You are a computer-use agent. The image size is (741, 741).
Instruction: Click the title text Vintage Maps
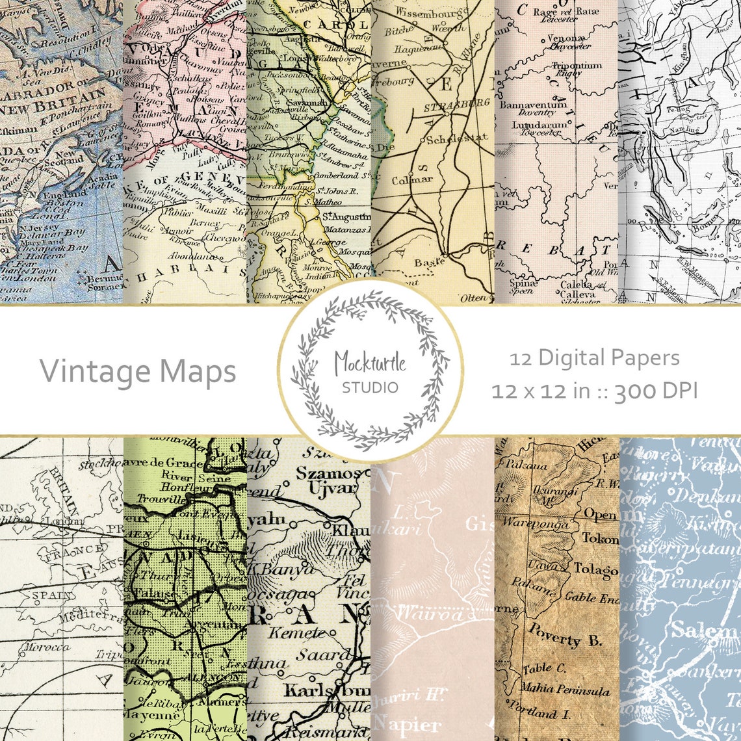click(138, 371)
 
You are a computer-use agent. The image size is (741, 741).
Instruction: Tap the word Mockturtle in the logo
click(370, 361)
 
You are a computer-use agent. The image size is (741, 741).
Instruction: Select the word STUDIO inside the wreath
click(370, 388)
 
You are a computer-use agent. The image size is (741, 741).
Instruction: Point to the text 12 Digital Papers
click(594, 357)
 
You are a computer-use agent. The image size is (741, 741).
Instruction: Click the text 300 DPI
click(656, 391)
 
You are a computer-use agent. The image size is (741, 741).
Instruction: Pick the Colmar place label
click(413, 179)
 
